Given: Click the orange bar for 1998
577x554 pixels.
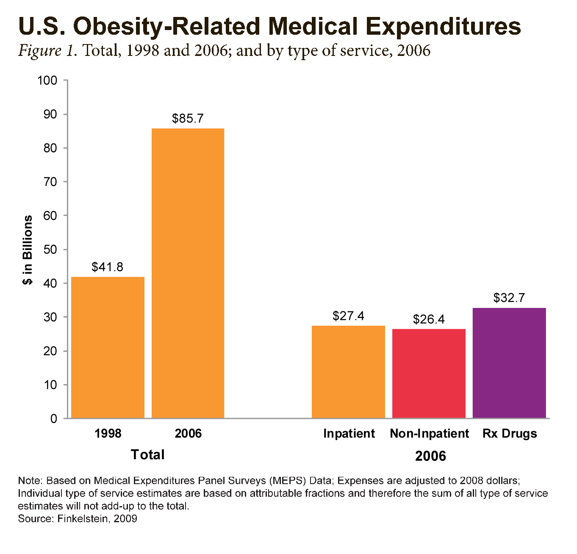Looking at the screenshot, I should tap(108, 347).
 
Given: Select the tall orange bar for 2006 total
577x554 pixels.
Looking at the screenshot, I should tap(188, 273).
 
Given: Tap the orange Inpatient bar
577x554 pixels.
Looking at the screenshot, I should tap(348, 372).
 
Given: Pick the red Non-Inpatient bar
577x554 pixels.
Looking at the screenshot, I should tap(429, 374).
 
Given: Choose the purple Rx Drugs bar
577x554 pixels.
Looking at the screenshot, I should tap(509, 363).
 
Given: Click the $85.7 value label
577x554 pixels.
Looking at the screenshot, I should tap(188, 119).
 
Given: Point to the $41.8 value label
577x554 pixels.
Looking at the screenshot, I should tap(108, 267).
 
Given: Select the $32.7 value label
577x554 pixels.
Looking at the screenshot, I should tap(509, 298).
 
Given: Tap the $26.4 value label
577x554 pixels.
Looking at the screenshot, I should tap(429, 319).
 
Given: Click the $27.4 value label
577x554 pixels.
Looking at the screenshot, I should tap(348, 316).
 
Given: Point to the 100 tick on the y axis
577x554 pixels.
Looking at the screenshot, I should tap(47, 80).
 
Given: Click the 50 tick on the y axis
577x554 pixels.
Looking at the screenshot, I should tap(50, 249).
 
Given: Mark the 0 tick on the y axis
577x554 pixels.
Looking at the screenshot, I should tap(53, 418).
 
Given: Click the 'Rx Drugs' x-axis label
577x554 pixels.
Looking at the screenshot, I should tap(510, 434).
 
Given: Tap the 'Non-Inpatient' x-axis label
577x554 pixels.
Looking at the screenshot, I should tap(429, 434).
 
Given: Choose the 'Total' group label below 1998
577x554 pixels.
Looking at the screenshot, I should tap(147, 455).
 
